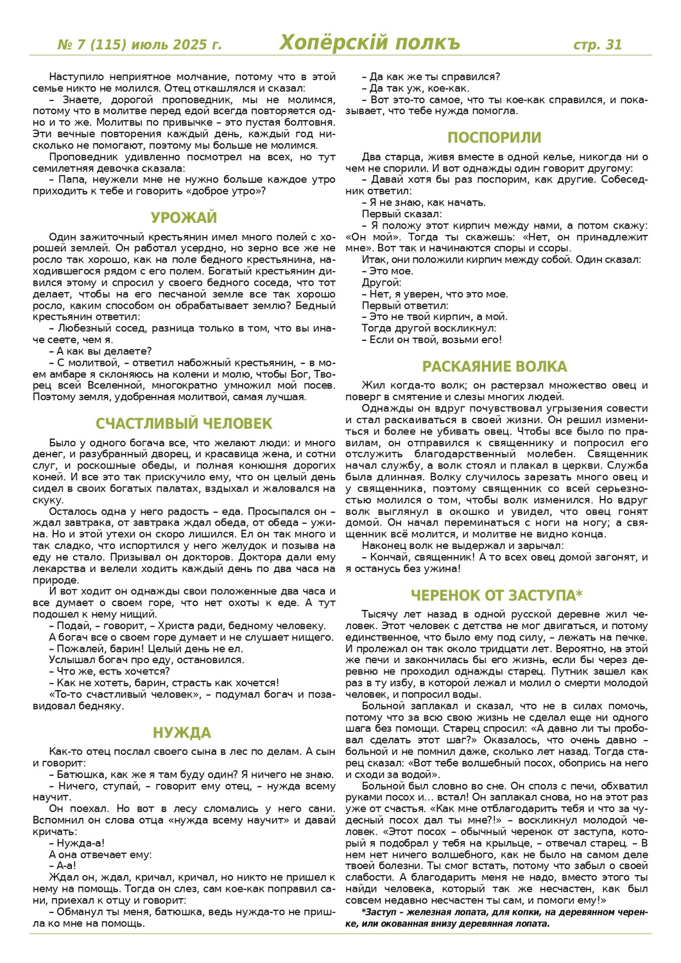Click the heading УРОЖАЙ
pyautogui.click(x=184, y=218)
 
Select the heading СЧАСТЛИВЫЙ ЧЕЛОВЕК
pyautogui.click(x=184, y=424)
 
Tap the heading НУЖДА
pyautogui.click(x=182, y=733)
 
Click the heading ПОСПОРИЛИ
pyautogui.click(x=494, y=137)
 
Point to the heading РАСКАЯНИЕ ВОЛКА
pyautogui.click(x=494, y=367)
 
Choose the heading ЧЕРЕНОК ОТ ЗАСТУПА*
pyautogui.click(x=496, y=595)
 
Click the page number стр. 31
pyautogui.click(x=598, y=44)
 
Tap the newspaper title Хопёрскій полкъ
pyautogui.click(x=370, y=43)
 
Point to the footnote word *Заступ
pyautogui.click(x=379, y=912)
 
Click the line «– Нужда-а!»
pyautogui.click(x=77, y=843)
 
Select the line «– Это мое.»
pyautogui.click(x=388, y=271)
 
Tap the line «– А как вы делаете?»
pyautogui.click(x=100, y=351)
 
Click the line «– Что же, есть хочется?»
pyautogui.click(x=108, y=672)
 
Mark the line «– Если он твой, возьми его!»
pyautogui.click(x=431, y=340)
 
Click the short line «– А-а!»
pyautogui.click(x=63, y=866)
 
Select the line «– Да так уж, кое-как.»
pyautogui.click(x=415, y=89)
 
